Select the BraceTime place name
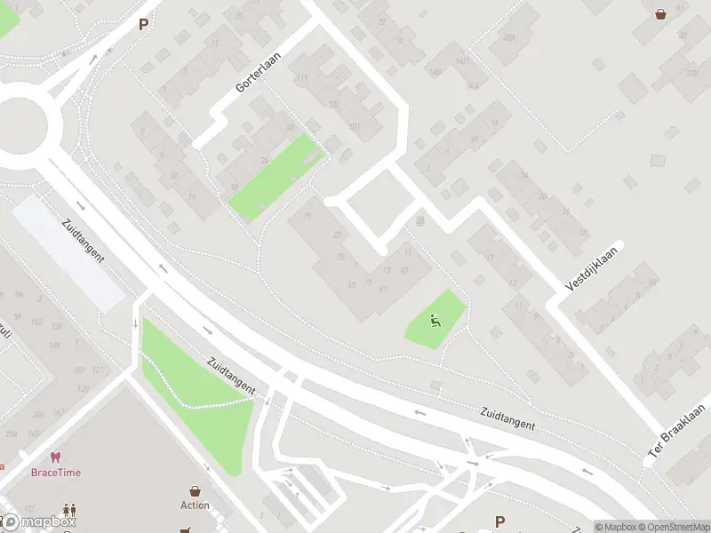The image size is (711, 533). click(x=55, y=473)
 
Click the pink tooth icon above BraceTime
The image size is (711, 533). click(x=55, y=457)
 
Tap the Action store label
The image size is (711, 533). click(x=195, y=505)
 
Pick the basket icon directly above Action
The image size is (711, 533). click(x=195, y=490)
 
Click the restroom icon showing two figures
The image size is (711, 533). click(x=69, y=512)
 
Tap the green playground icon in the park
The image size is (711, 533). click(x=435, y=321)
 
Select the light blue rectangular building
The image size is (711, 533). click(x=68, y=253)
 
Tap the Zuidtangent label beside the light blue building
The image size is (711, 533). click(x=84, y=241)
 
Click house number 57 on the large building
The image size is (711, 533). click(x=403, y=270)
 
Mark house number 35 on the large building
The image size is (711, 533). click(x=340, y=257)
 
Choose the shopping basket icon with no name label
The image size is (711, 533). click(x=661, y=13)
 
